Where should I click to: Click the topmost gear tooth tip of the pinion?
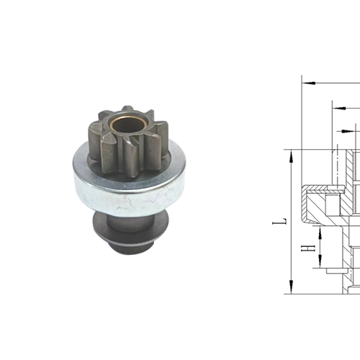(x=127, y=108)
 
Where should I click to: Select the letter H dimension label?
(x=308, y=248)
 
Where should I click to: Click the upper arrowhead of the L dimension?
(x=291, y=157)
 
